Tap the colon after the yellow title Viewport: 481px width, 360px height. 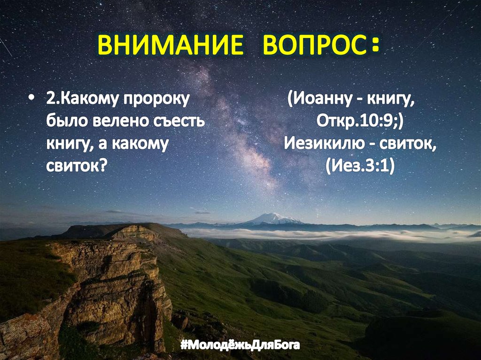(374, 47)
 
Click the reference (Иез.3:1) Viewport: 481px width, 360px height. (359, 166)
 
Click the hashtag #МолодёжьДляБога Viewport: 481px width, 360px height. (240, 346)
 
